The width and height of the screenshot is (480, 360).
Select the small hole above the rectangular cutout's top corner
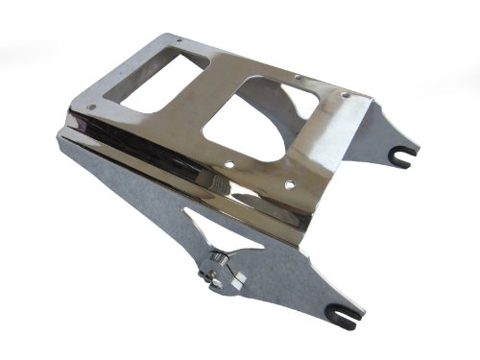point(180,39)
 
